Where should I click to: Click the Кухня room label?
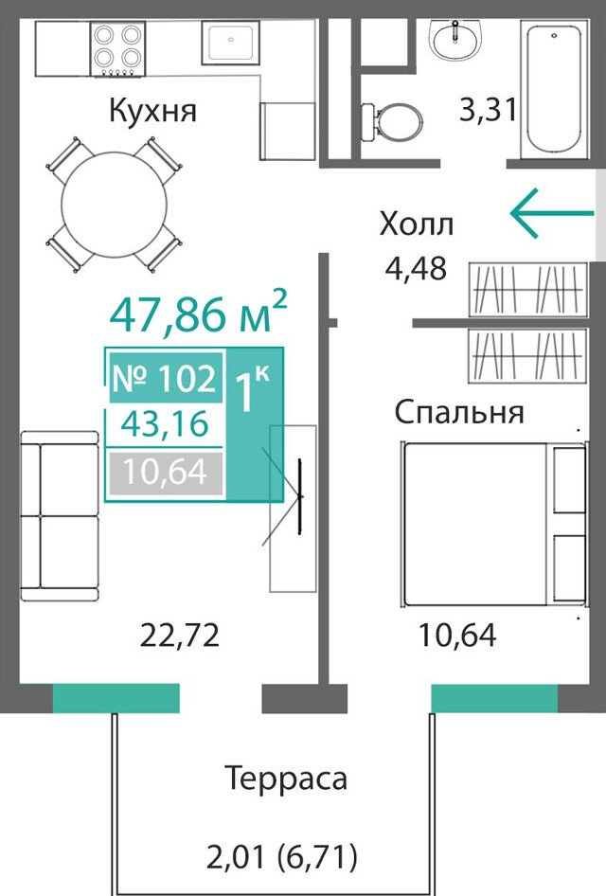pyautogui.click(x=152, y=111)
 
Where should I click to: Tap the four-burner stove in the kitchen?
pyautogui.click(x=117, y=49)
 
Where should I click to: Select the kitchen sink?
pyautogui.click(x=230, y=44)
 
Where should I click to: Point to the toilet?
pyautogui.click(x=392, y=122)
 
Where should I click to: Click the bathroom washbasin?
pyautogui.click(x=455, y=39)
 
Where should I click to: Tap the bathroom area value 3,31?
pyautogui.click(x=489, y=109)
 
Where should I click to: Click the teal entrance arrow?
pyautogui.click(x=552, y=212)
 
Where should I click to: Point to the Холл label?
pyautogui.click(x=417, y=224)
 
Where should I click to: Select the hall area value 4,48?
pyautogui.click(x=416, y=268)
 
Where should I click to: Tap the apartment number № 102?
pyautogui.click(x=165, y=378)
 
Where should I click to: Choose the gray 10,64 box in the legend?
pyautogui.click(x=165, y=472)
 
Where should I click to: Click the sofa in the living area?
pyautogui.click(x=60, y=516)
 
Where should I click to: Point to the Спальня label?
pyautogui.click(x=458, y=412)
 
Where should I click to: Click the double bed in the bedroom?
pyautogui.click(x=493, y=524)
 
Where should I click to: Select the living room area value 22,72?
pyautogui.click(x=179, y=635)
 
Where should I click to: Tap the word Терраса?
pyautogui.click(x=286, y=779)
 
